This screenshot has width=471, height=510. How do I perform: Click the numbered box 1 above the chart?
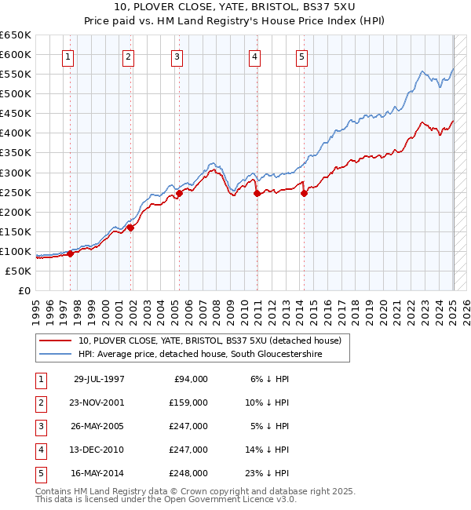(x=68, y=56)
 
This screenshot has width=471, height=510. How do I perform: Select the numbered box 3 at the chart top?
(x=177, y=56)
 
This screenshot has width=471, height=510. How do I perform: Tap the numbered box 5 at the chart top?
(x=301, y=56)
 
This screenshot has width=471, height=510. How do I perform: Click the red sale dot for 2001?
(x=131, y=228)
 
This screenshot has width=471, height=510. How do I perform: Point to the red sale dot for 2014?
(x=304, y=194)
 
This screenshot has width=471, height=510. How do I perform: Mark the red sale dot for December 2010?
(x=257, y=193)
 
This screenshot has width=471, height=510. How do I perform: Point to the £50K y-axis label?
(x=19, y=271)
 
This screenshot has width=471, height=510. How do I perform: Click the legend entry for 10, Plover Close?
(x=210, y=341)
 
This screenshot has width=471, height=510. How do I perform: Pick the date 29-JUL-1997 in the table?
(x=99, y=379)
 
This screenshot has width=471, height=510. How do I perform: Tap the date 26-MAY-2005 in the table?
(x=99, y=426)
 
